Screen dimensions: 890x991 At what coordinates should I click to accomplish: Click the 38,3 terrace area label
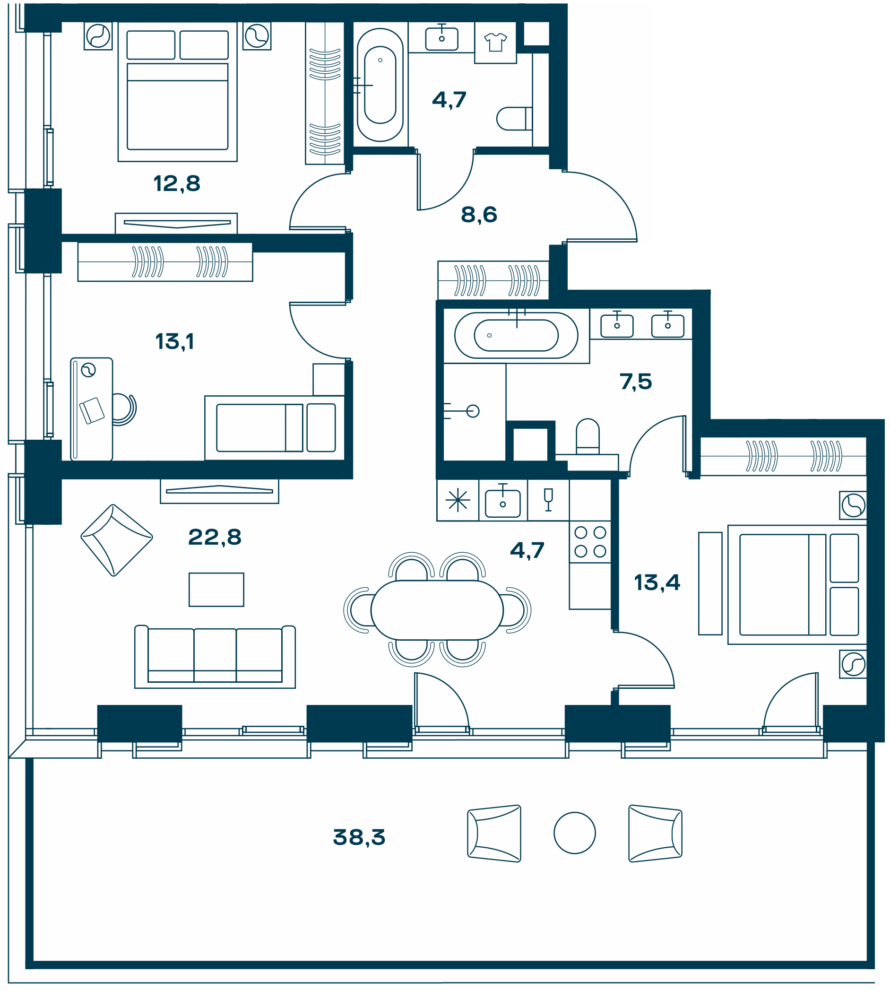coord(359,837)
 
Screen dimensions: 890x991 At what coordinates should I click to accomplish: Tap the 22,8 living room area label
coord(215,537)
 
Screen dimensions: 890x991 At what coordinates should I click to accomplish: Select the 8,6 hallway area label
coord(479,214)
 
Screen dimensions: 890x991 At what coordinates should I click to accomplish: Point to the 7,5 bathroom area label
coord(636,382)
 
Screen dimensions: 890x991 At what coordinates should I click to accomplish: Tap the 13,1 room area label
coord(174,341)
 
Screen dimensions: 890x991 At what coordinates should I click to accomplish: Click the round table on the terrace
coord(575,833)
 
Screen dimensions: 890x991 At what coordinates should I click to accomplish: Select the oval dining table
coord(437,610)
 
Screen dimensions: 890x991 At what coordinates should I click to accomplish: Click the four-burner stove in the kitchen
coord(590,542)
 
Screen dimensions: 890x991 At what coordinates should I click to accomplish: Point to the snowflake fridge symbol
coord(458,500)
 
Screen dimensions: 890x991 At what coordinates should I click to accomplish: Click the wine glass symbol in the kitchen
coord(548,500)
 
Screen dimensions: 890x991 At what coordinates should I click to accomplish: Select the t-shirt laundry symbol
coord(495,42)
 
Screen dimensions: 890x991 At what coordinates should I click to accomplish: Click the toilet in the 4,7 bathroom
coord(514,118)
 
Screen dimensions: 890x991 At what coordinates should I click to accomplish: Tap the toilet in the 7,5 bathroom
coord(588,436)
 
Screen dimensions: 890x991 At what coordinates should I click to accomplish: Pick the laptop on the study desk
coord(92,410)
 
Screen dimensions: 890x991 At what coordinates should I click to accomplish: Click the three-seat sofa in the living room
coord(215,656)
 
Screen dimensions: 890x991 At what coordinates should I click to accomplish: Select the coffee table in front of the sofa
coord(216,590)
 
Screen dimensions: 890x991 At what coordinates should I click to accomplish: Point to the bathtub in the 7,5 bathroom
coord(517,336)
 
